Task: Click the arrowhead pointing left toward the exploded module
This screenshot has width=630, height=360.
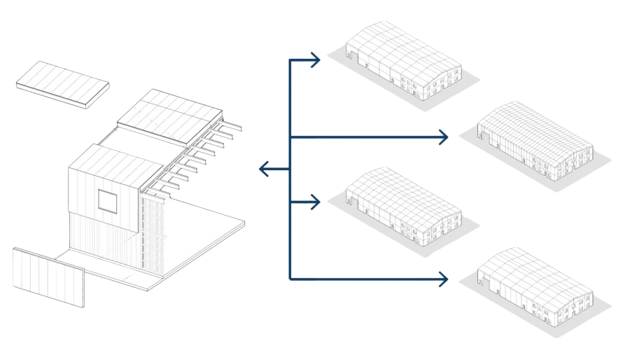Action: pyautogui.click(x=263, y=169)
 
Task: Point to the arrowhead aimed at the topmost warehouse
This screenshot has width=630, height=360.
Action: pyautogui.click(x=316, y=60)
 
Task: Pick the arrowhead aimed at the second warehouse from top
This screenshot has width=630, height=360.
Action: pyautogui.click(x=443, y=137)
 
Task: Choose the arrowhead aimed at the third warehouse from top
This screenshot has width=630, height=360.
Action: pyautogui.click(x=316, y=202)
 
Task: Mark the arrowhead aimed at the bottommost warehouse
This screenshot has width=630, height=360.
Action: pyautogui.click(x=443, y=279)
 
